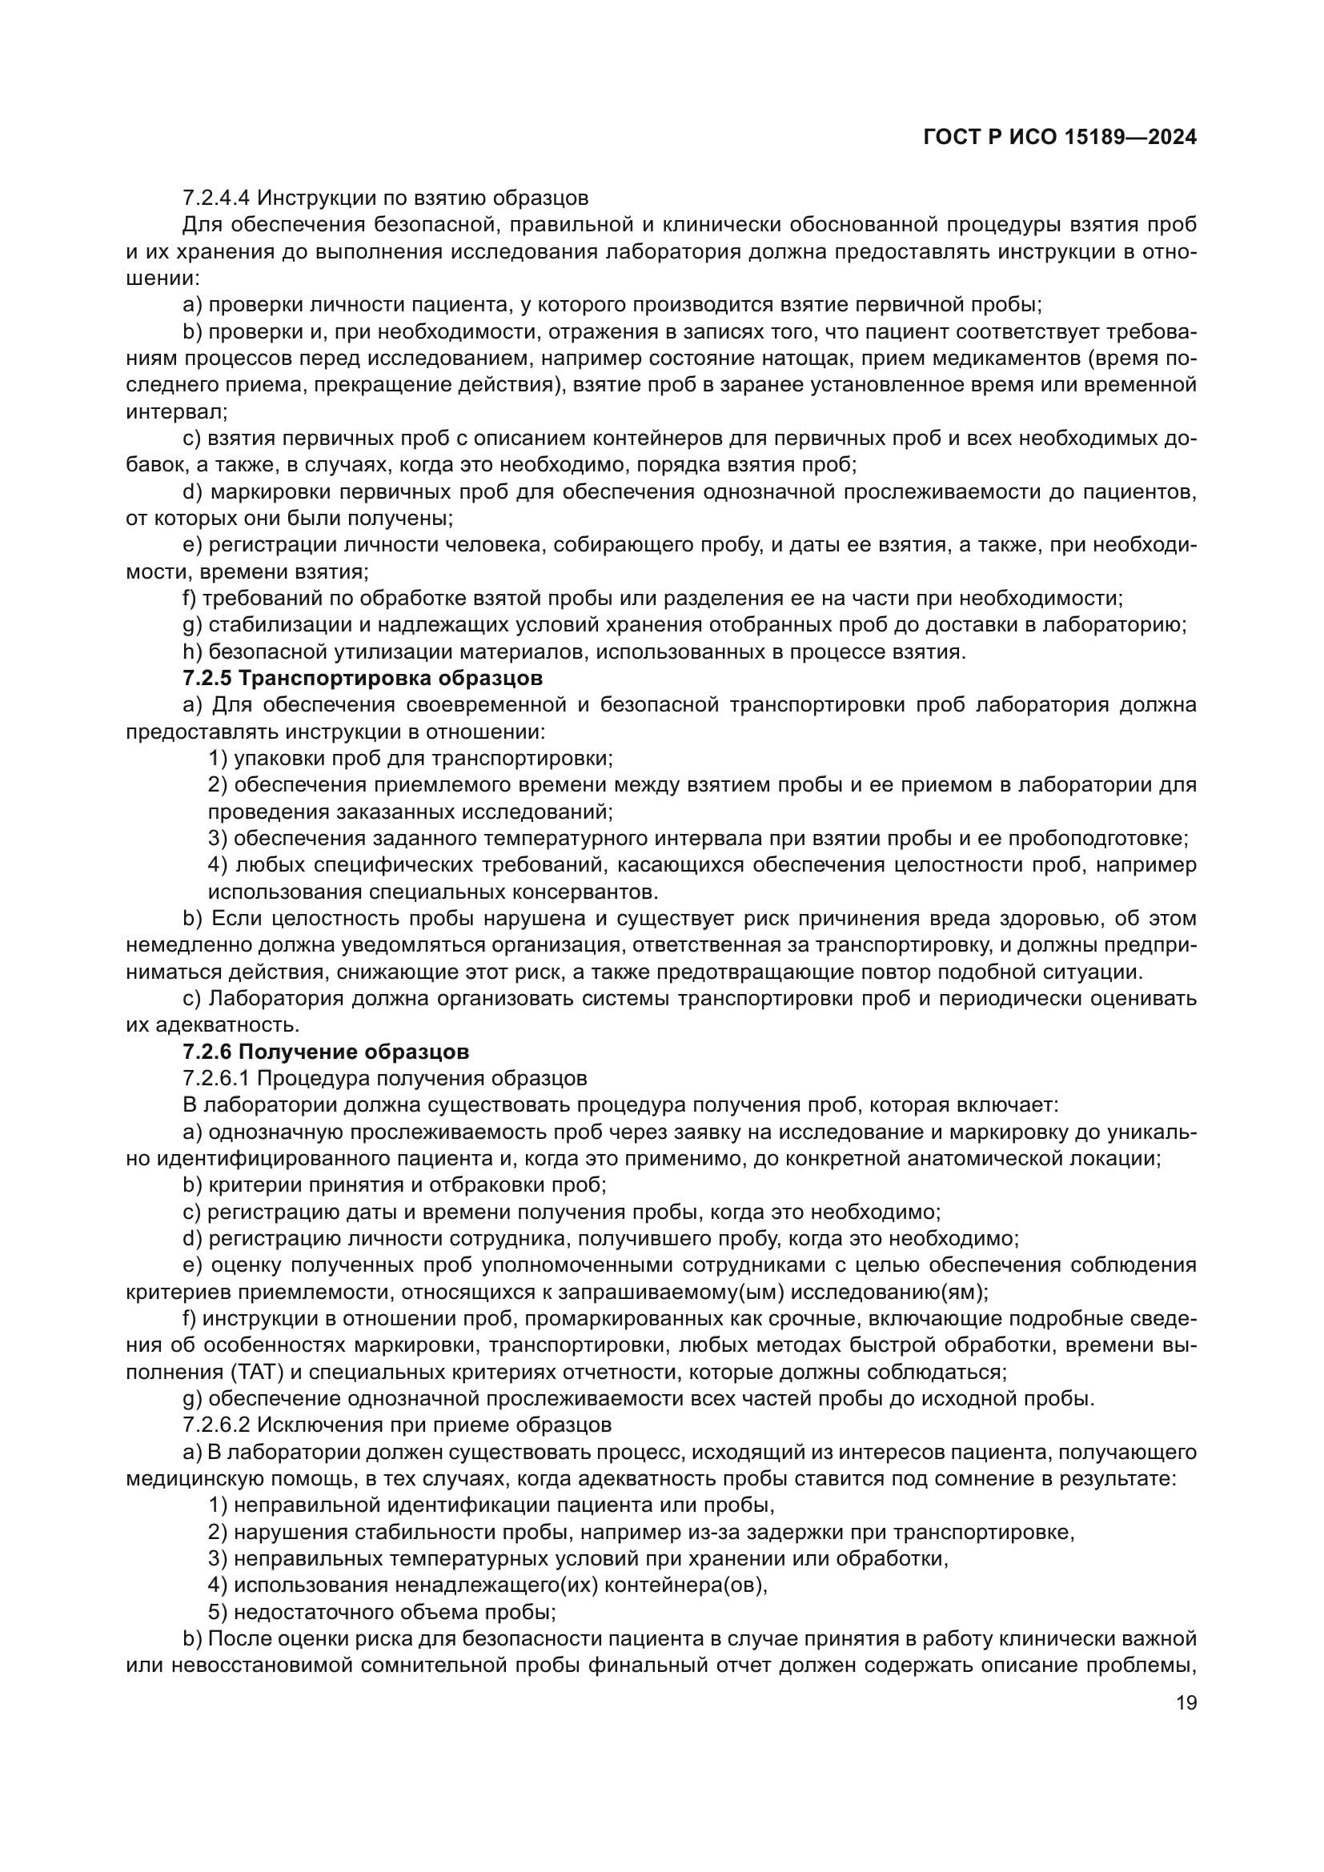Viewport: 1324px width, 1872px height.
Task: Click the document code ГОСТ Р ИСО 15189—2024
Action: tap(1060, 138)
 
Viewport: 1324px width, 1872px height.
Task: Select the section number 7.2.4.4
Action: tap(217, 198)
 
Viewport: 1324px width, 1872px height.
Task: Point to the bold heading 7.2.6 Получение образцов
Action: tap(325, 1052)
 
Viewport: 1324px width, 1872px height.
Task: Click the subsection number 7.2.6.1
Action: tap(217, 1079)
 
